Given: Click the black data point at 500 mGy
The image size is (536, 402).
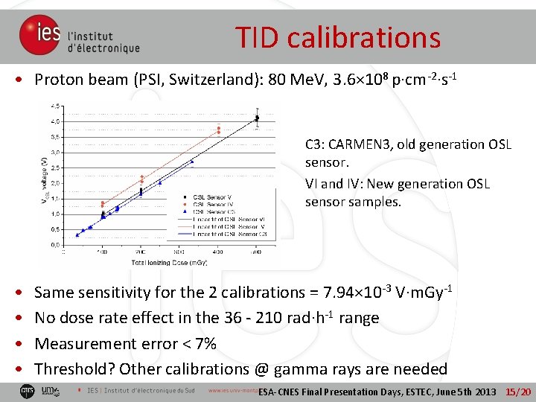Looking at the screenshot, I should pos(257,118).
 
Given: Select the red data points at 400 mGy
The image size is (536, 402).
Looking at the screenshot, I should pos(219,130).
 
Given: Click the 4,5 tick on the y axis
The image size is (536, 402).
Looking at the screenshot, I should pos(56,106).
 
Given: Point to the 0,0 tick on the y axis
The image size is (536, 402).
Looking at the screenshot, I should pos(56,244).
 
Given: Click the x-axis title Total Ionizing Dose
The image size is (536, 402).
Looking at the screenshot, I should pos(160,263).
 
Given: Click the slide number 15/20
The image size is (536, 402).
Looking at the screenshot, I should pos(518,392).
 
